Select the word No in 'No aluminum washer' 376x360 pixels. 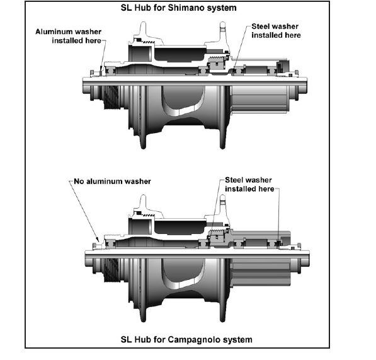coord(79,181)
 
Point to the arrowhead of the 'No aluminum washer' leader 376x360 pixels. coord(98,240)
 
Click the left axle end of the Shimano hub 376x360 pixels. coord(84,86)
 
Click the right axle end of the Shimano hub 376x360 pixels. coord(305,86)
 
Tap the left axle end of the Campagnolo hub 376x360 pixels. coord(86,258)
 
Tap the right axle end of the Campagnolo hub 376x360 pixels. coord(307,258)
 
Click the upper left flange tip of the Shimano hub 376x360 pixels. coord(143,24)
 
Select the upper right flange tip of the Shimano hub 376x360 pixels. coord(222,24)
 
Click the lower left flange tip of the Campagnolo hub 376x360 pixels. coord(143,319)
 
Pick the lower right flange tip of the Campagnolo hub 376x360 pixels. coord(222,319)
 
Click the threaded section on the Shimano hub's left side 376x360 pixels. coord(112,98)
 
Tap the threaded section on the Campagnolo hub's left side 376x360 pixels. coord(112,270)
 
